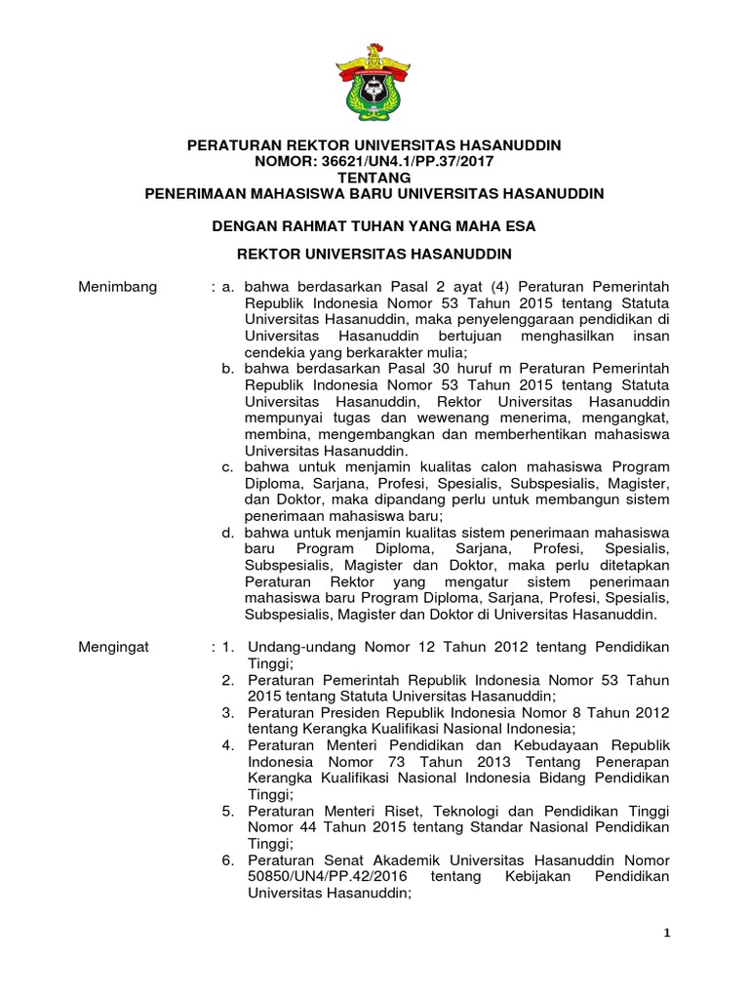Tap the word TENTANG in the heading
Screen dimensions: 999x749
[374, 177]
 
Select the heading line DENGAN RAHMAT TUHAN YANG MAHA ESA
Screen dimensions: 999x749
[374, 225]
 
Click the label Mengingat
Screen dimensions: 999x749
[112, 649]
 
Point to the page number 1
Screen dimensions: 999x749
[668, 934]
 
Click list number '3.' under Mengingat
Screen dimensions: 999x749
[226, 713]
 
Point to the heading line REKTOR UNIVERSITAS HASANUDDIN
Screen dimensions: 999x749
[374, 256]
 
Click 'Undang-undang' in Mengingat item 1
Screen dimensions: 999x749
[296, 649]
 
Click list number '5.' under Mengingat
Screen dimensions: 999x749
[226, 811]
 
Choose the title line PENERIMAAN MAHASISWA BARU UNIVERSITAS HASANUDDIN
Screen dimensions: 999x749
[374, 193]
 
